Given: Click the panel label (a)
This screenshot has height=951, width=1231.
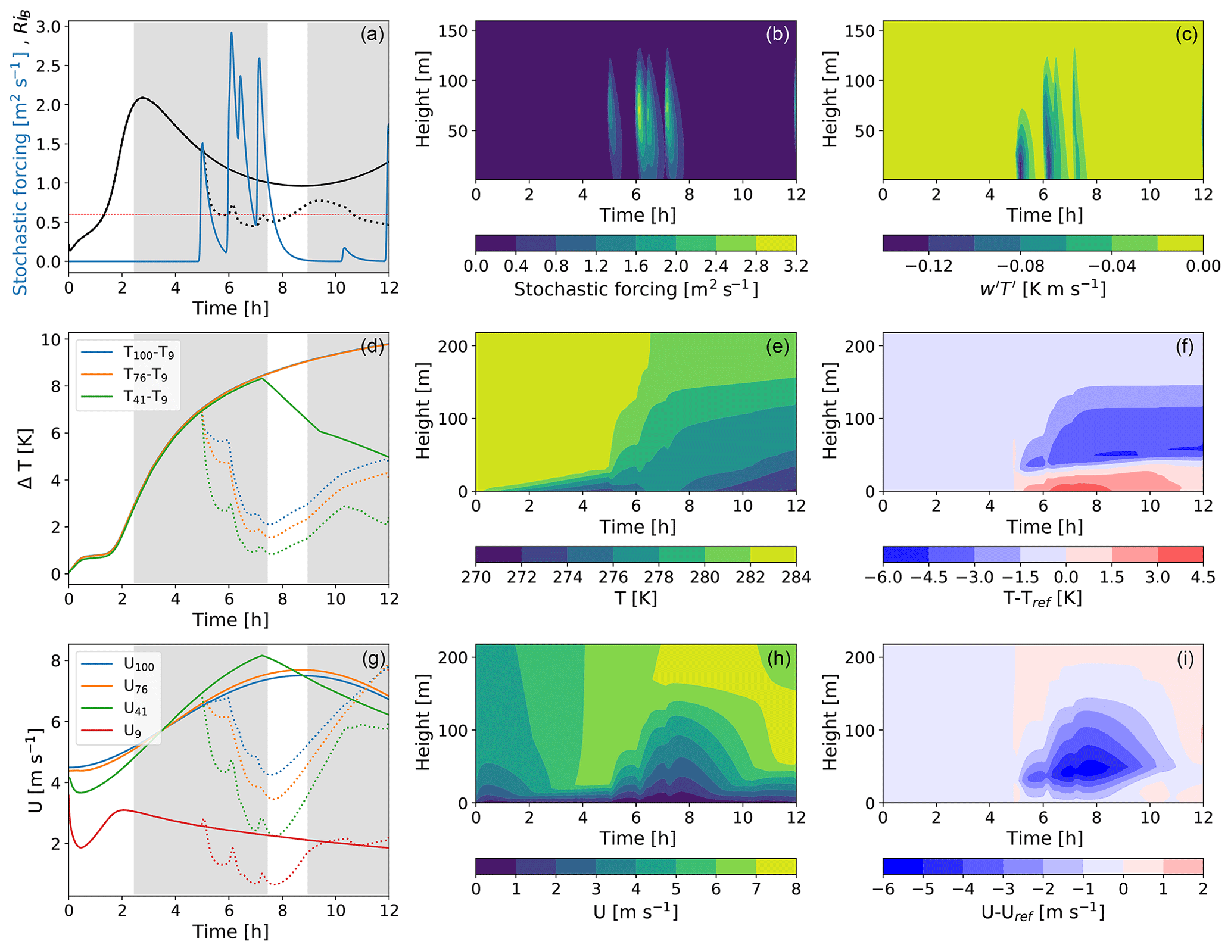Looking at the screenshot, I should tap(372, 35).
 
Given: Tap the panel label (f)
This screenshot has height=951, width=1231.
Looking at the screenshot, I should tap(1184, 346).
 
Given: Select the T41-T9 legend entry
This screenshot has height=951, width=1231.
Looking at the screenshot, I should tap(145, 397).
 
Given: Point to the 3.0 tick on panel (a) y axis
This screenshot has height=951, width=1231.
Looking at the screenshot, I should tap(48, 26).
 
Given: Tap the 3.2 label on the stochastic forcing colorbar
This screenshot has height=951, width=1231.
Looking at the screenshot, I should tap(796, 266).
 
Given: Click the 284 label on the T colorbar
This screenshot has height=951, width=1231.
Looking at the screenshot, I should tap(796, 578).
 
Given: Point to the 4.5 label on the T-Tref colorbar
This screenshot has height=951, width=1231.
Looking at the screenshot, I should tap(1202, 578).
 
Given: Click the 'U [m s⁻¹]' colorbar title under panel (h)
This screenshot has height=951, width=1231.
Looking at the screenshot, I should tap(635, 912).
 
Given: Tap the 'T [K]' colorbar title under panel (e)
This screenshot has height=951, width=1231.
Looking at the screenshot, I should tap(635, 598).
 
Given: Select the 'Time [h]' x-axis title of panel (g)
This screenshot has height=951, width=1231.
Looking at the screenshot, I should tap(230, 931).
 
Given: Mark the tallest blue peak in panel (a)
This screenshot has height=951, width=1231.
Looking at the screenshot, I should tap(231, 33).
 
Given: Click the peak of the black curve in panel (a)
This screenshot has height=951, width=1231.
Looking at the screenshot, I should tap(142, 98).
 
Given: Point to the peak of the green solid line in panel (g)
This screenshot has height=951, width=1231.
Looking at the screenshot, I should tap(262, 656).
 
